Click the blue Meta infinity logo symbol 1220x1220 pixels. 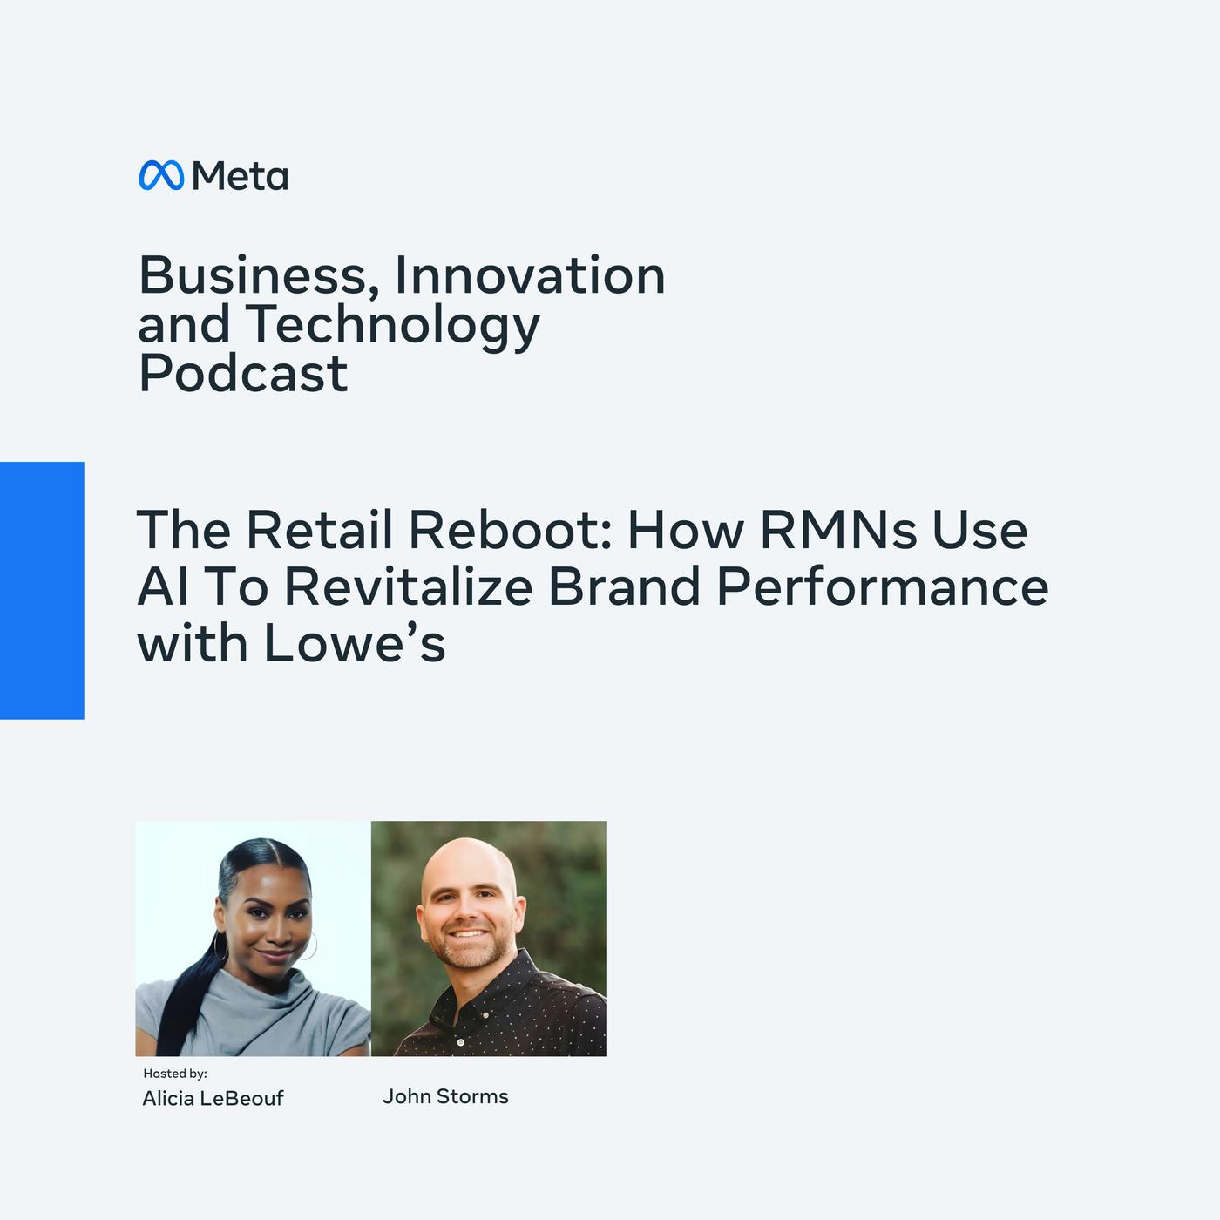pos(161,175)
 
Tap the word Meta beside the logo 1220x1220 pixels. pos(240,175)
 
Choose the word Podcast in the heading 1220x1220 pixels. pos(243,373)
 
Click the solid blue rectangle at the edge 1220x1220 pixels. pos(42,590)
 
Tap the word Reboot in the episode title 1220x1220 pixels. pos(511,529)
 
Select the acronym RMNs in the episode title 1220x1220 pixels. pos(838,529)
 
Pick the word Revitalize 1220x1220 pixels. pos(409,586)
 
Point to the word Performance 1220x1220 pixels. pos(883,586)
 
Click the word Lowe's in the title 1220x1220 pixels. pos(355,642)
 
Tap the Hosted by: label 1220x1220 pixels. pos(175,1073)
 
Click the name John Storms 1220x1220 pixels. pos(445,1096)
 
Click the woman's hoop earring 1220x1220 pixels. pos(220,945)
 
